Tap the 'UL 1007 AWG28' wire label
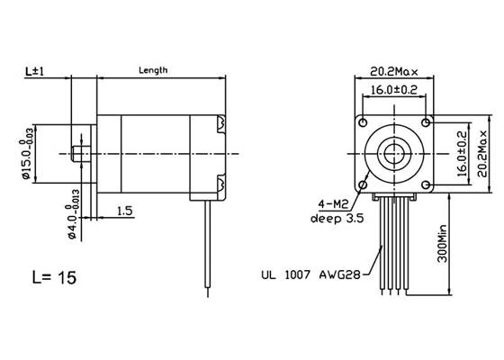(303, 276)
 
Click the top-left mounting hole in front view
(363, 121)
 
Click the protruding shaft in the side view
(80, 154)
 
